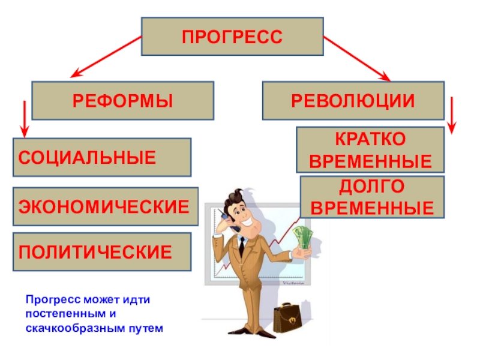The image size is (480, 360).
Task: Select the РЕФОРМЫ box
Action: [122, 100]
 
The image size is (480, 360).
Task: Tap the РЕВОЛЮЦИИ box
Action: [353, 100]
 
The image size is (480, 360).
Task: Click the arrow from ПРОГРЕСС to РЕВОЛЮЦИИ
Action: [358, 58]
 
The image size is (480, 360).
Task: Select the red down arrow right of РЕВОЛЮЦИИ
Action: [452, 116]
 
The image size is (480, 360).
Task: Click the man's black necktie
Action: [241, 245]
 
